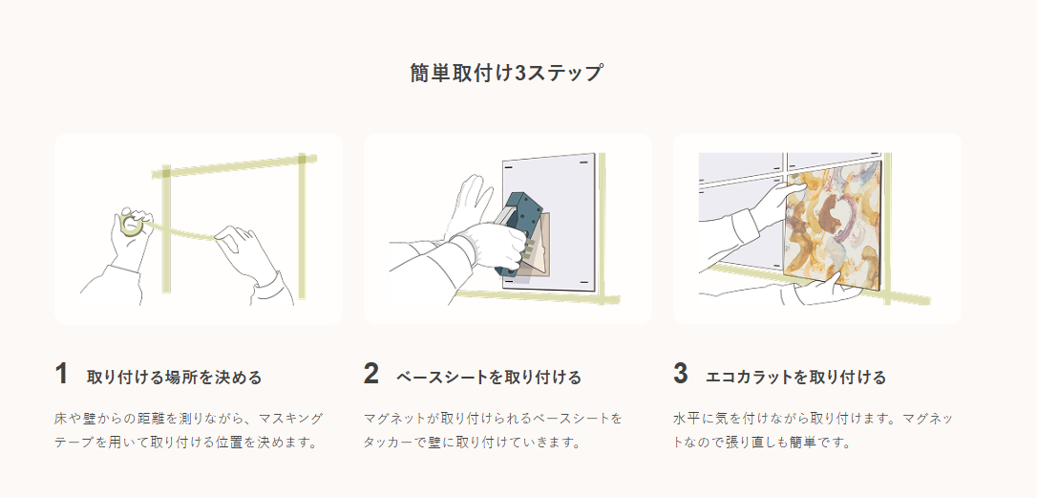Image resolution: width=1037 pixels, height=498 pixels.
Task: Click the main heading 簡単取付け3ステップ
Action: [x=506, y=73]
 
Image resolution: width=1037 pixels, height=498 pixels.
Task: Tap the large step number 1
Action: [x=61, y=374]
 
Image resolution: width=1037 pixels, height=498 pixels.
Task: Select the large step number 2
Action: [x=371, y=374]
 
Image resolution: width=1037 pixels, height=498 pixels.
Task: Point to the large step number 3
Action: [x=681, y=374]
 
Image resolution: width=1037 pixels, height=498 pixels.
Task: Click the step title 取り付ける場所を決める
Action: [x=175, y=378]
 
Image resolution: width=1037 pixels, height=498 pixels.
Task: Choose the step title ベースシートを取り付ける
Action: [x=489, y=378]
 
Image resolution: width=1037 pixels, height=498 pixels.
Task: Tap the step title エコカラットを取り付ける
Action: [x=795, y=378]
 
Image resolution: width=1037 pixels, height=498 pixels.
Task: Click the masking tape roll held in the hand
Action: [x=132, y=225]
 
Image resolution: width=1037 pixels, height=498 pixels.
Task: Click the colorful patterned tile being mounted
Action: [x=834, y=228]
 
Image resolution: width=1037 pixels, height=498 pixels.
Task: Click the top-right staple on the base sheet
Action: [x=584, y=161]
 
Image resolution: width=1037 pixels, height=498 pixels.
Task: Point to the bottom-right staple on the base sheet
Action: [x=584, y=283]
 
